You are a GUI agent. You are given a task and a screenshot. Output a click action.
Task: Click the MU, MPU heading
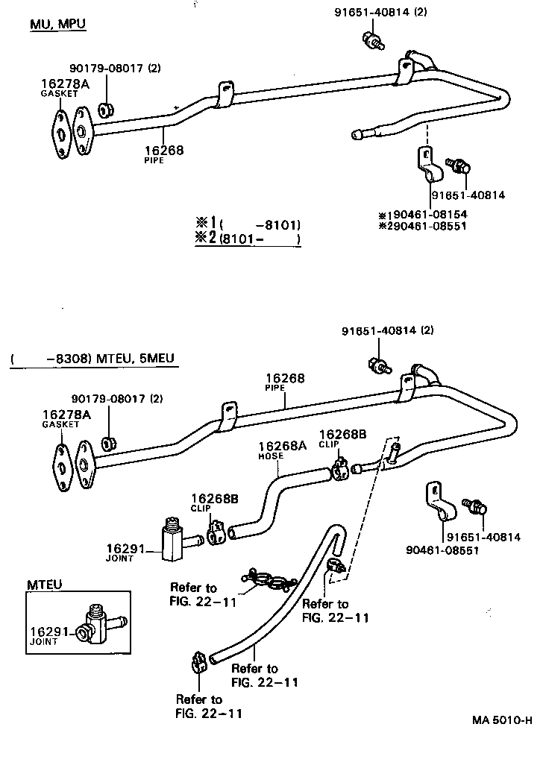(x=57, y=25)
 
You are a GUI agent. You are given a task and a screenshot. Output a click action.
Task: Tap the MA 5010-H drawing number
(x=502, y=721)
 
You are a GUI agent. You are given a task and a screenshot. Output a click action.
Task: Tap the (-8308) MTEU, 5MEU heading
(x=93, y=359)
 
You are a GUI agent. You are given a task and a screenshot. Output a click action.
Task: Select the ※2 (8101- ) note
(x=248, y=239)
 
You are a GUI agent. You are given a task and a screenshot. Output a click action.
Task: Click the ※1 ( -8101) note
(x=248, y=224)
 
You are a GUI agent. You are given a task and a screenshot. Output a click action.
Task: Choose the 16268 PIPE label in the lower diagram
(x=285, y=383)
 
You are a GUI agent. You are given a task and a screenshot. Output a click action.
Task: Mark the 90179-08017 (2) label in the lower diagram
(x=116, y=399)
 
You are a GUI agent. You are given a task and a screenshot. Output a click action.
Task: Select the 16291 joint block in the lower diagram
(x=172, y=538)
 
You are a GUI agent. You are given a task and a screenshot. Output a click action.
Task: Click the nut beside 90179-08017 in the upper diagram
(x=107, y=110)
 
